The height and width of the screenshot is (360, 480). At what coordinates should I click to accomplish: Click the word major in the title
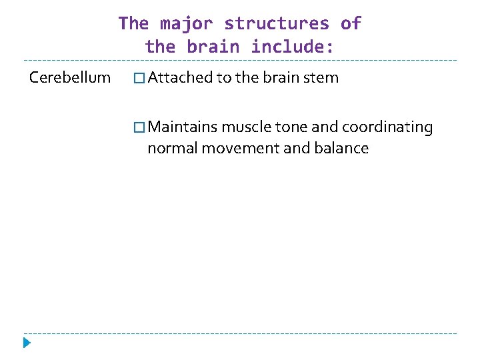[186, 24]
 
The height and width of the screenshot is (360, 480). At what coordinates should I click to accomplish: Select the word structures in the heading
[277, 24]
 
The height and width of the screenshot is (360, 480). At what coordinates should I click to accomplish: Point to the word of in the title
[351, 24]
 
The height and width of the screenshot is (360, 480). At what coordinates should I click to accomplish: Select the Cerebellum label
[70, 77]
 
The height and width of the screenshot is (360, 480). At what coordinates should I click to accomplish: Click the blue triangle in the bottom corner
[27, 343]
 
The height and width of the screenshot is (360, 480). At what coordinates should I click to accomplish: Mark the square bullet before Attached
[139, 78]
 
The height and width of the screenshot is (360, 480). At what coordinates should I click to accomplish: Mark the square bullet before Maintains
[139, 127]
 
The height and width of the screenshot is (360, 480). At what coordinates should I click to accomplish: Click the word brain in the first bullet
[281, 77]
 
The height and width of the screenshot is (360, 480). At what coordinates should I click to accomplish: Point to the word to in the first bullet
[224, 77]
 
